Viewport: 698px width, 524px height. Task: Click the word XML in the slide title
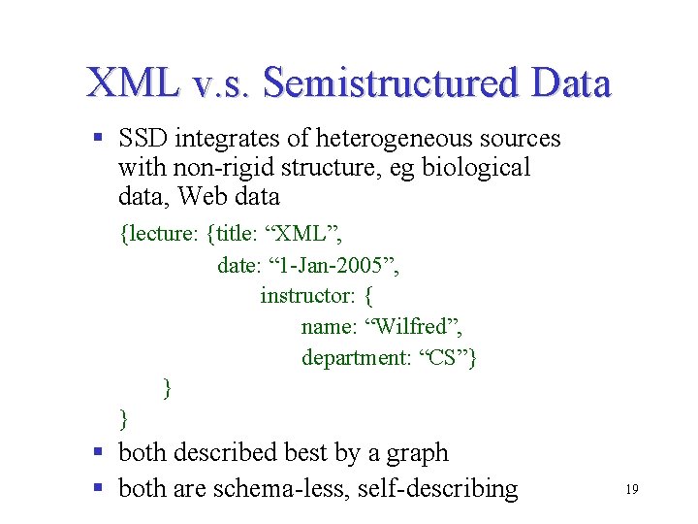click(132, 83)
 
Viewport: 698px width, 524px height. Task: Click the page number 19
click(631, 491)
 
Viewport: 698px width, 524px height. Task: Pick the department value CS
click(443, 358)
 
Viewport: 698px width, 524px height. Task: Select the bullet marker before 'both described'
click(99, 452)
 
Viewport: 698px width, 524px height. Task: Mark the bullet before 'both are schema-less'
click(99, 487)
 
